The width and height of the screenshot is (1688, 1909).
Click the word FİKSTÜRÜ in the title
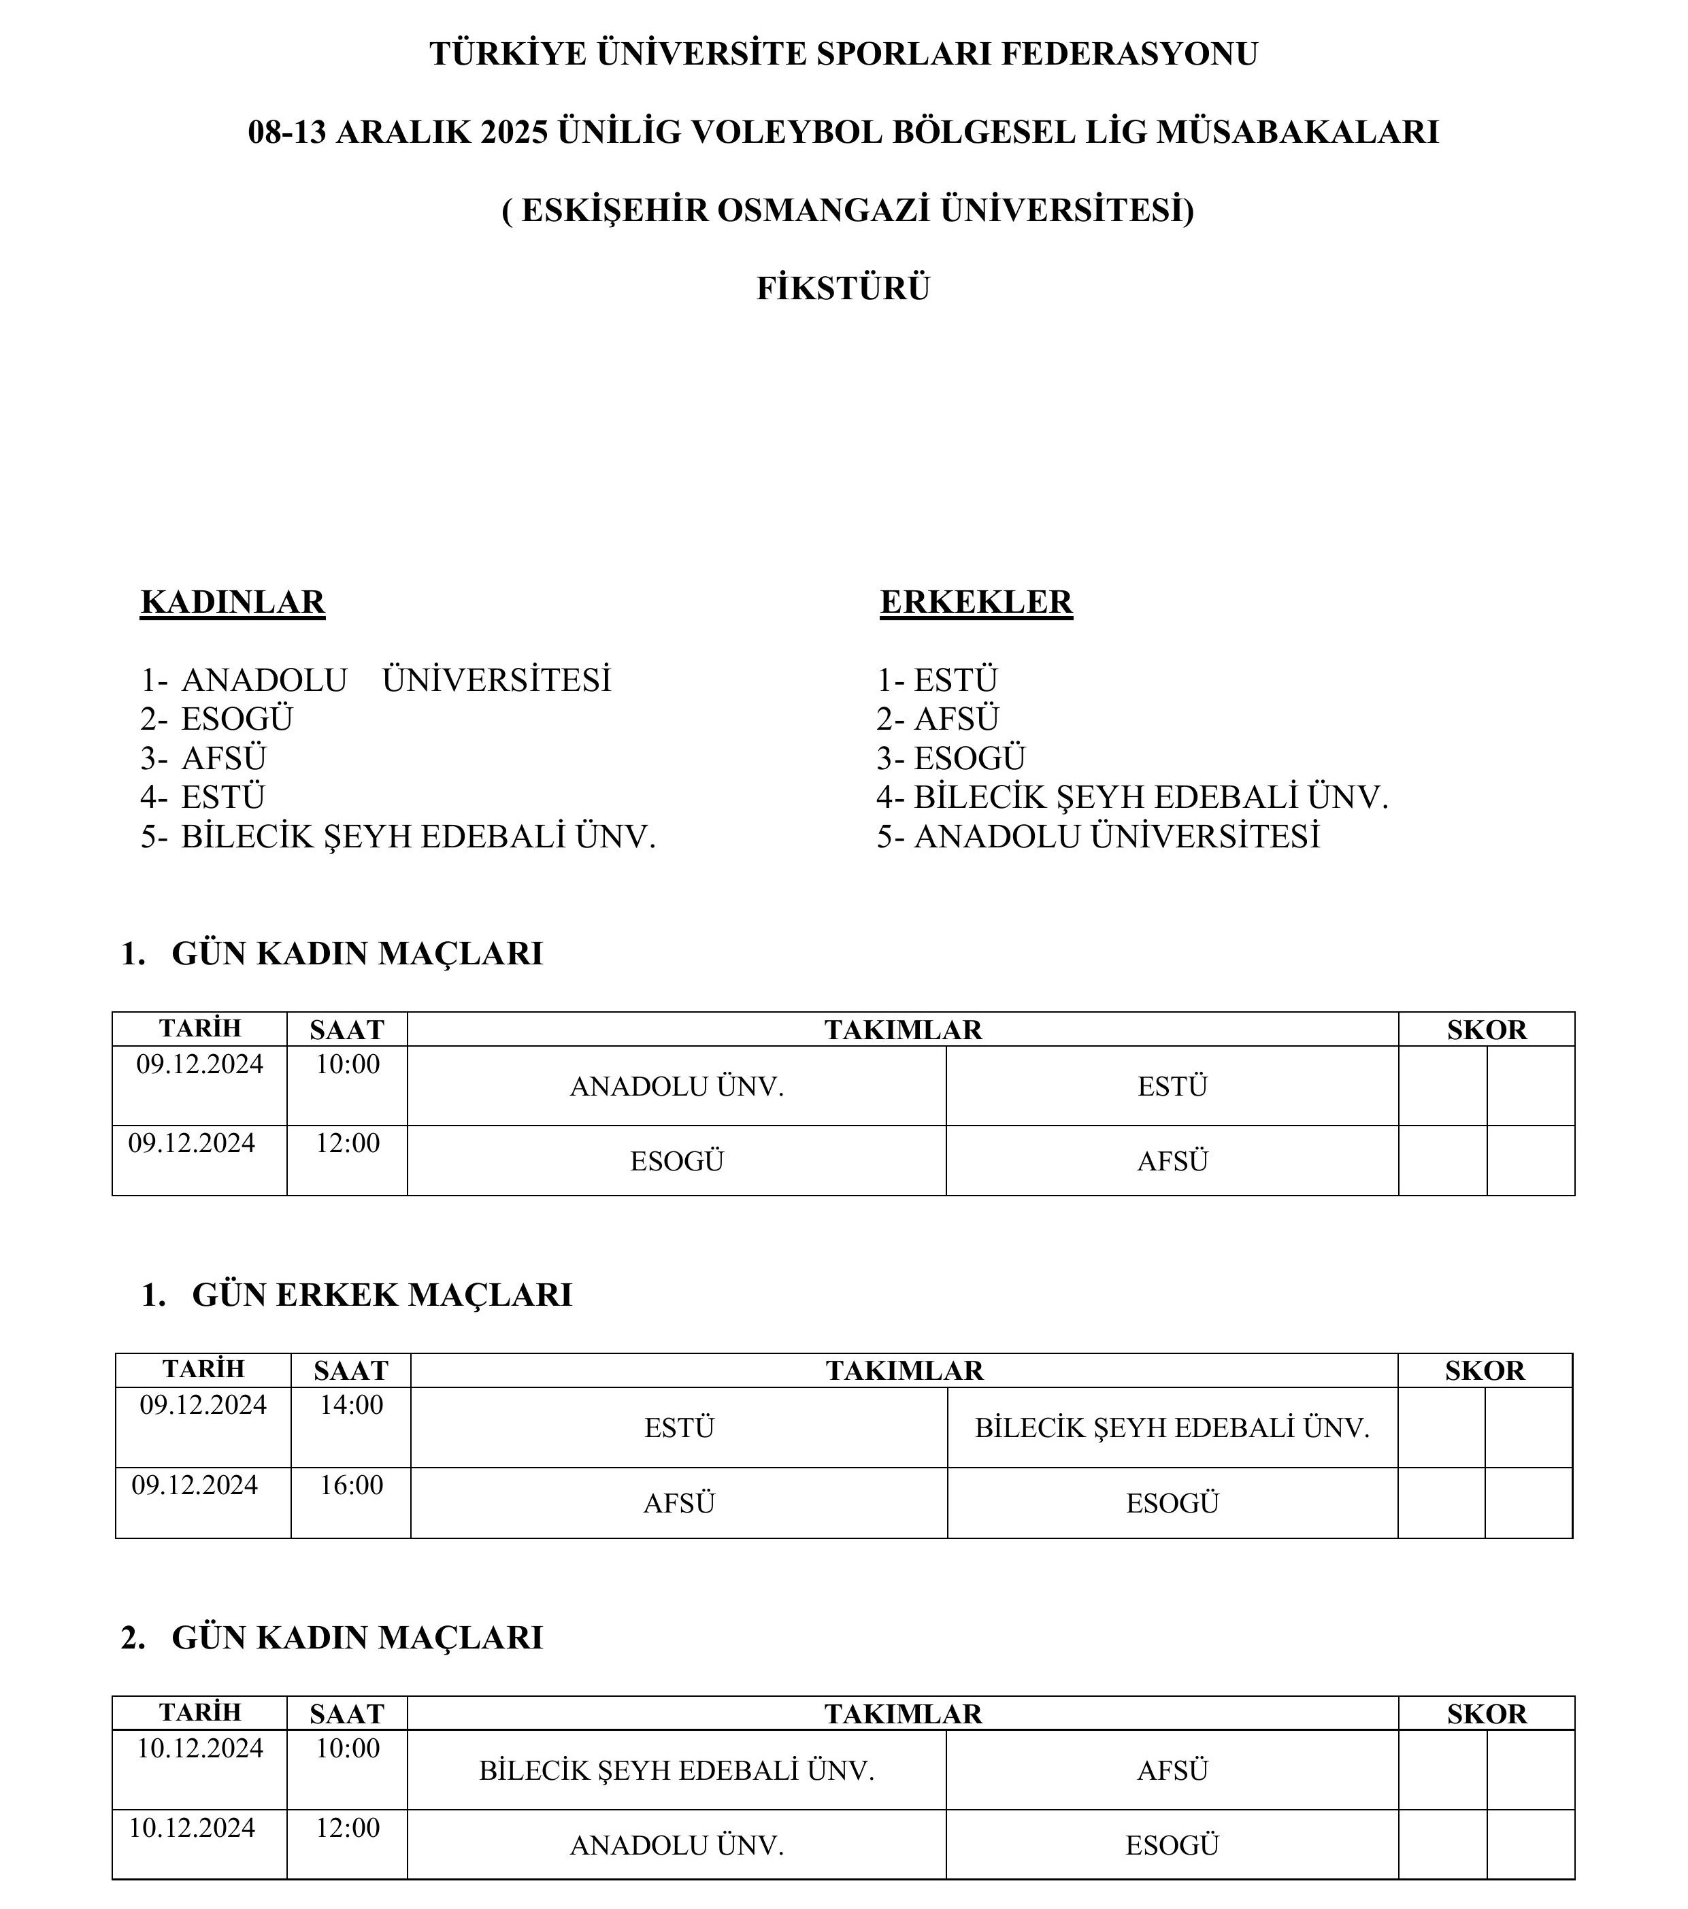point(842,288)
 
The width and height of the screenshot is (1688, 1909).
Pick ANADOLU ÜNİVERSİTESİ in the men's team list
point(1116,836)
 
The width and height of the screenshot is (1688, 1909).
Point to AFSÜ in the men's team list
point(956,718)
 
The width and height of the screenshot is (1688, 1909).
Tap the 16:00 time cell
point(351,1485)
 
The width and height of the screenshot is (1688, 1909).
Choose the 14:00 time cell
point(351,1404)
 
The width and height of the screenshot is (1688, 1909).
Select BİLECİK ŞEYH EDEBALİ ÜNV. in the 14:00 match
point(1172,1428)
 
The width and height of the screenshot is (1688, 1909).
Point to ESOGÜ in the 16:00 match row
point(1172,1504)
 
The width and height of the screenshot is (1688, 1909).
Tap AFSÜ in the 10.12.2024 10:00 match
point(1172,1771)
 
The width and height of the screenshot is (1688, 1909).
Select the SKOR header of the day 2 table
point(1486,1714)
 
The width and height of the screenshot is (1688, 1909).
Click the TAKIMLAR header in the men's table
point(904,1370)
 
